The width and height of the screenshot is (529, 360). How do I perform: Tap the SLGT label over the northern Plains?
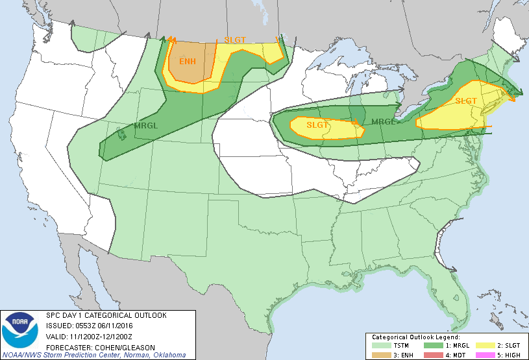(235, 40)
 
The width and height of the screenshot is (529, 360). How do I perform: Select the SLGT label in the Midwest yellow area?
(318, 125)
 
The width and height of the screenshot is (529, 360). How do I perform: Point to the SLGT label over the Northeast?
(466, 101)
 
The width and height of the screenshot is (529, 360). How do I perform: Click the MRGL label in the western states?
(145, 125)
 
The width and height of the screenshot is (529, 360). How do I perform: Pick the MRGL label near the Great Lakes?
(383, 121)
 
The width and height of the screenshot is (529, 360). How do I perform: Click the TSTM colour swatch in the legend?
(380, 346)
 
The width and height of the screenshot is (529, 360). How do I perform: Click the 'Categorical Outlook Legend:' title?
(415, 337)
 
